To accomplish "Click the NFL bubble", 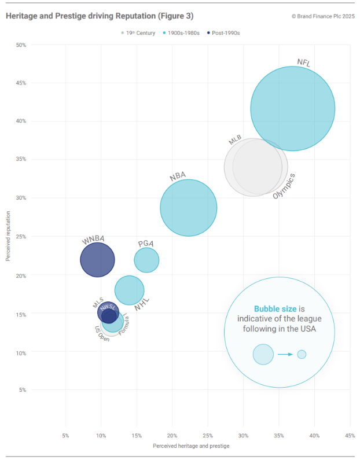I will (292, 109).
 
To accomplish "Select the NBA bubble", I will (188, 208).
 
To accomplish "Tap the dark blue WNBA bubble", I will (97, 260).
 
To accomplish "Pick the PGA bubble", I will (146, 260).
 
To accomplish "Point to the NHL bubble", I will (130, 290).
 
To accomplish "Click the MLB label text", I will (235, 141).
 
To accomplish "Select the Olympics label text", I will (284, 186).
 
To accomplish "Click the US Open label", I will (102, 334).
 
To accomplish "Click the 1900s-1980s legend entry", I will (182, 33).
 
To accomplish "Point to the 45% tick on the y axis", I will (21, 83).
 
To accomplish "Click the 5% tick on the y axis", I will (23, 390).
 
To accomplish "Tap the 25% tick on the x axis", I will (208, 435).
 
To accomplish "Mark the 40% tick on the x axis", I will (314, 435).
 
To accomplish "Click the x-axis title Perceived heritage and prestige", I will (191, 446).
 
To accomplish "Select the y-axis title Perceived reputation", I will (8, 236).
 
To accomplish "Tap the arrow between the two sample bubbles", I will (285, 354).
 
